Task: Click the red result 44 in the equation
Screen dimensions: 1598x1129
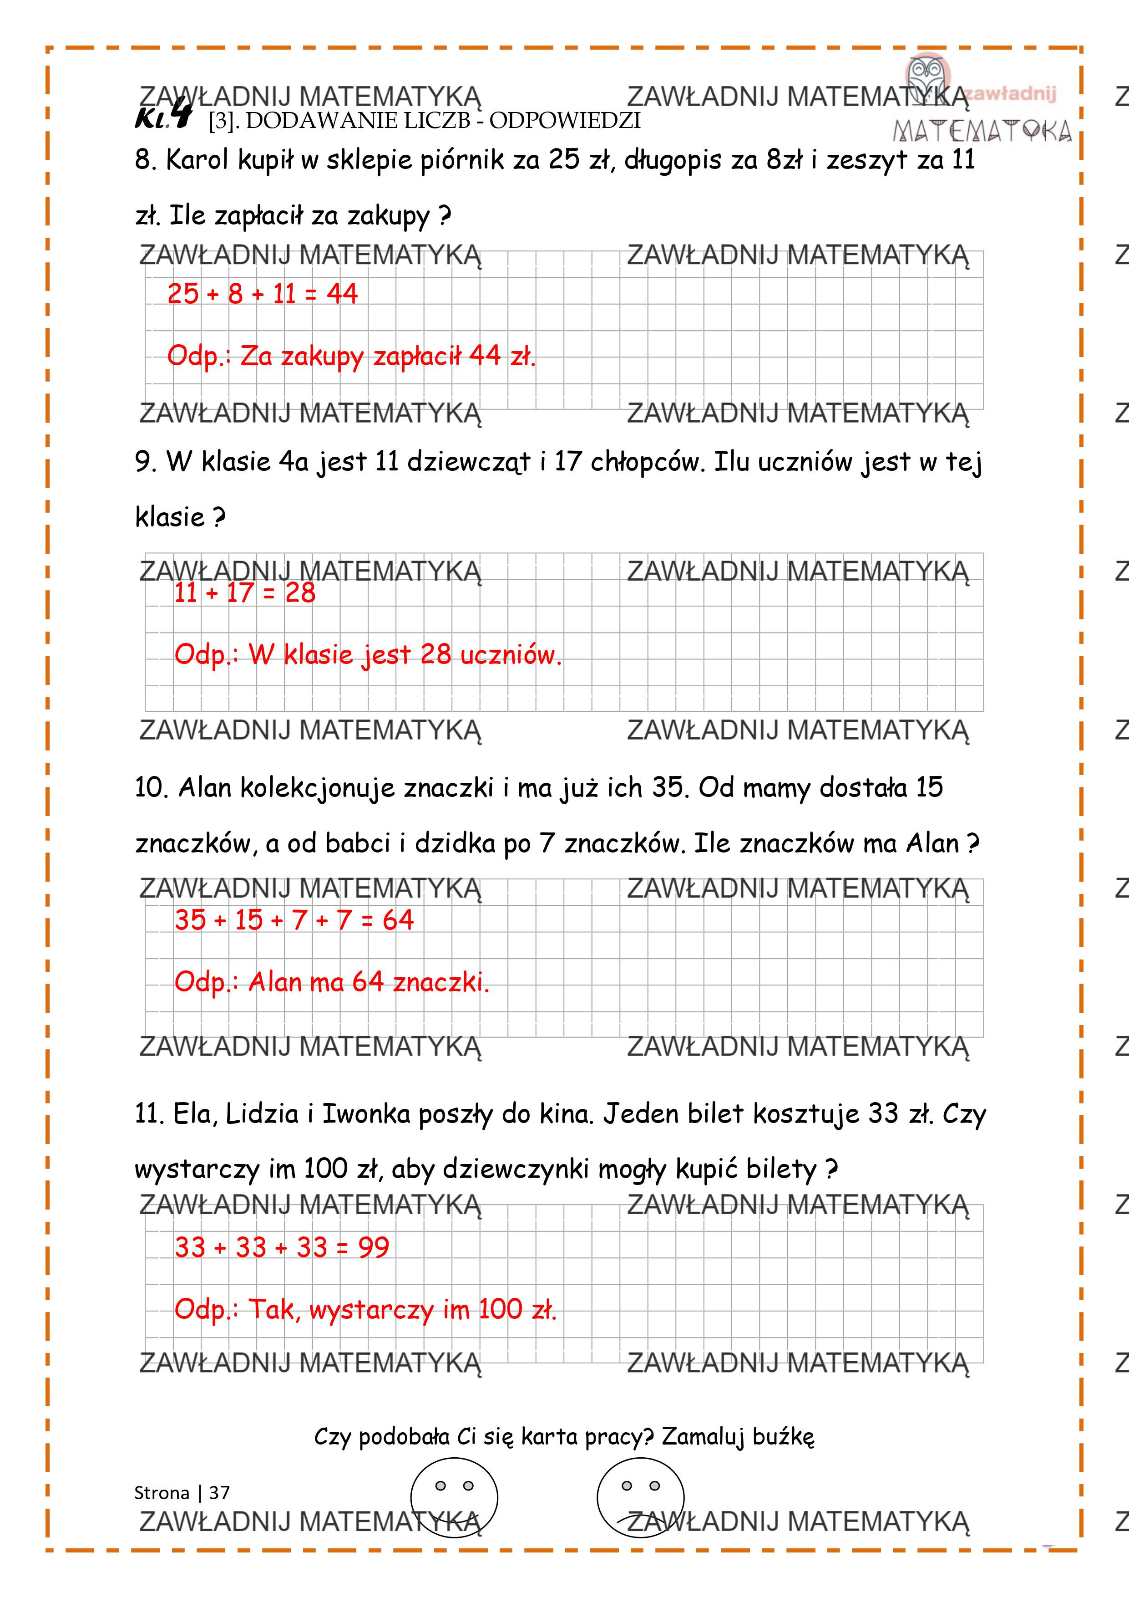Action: [x=342, y=294]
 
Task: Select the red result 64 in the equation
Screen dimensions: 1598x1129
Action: [x=398, y=920]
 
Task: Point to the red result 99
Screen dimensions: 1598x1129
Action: [x=374, y=1247]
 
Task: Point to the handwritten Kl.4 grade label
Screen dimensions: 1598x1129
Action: [x=163, y=115]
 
